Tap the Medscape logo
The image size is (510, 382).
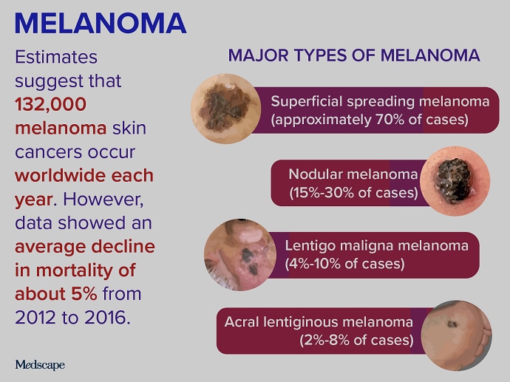[x=40, y=364]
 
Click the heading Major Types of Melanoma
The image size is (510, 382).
[x=354, y=55]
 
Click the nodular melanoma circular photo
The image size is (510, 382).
[x=454, y=181]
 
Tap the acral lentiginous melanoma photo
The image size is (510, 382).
[x=459, y=333]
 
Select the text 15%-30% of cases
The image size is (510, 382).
[x=353, y=193]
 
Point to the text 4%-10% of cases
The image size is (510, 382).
[x=344, y=263]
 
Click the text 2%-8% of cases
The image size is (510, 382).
[x=356, y=340]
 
